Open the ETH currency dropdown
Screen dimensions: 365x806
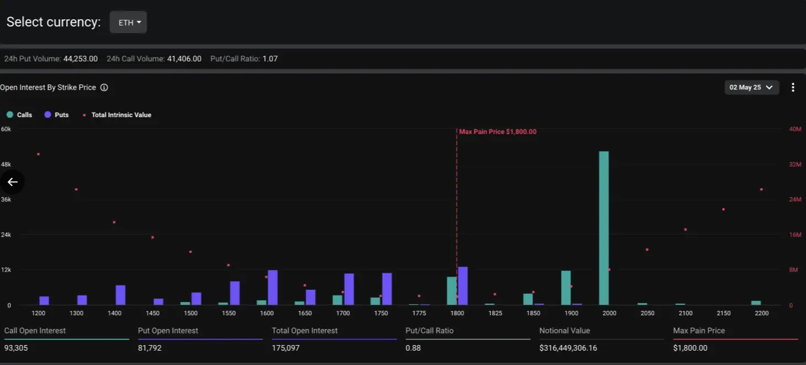129,23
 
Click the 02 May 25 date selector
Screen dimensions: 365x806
751,87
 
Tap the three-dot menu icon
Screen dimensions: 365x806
793,87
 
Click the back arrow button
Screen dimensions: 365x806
12,182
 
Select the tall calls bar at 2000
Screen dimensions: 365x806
604,228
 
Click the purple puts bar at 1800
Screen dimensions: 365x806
463,286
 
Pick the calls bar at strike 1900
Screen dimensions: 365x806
565,288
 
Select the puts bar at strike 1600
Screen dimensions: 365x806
273,287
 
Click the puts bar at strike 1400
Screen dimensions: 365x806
120,295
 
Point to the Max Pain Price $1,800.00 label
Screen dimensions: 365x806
498,132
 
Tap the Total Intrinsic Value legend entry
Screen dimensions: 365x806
118,115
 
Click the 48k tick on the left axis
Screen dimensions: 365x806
6,165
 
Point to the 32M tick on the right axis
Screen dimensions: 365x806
794,165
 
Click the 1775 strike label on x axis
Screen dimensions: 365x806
419,313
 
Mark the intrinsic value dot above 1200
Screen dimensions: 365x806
38,154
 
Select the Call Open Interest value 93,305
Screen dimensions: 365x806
16,348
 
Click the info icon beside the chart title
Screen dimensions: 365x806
104,87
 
